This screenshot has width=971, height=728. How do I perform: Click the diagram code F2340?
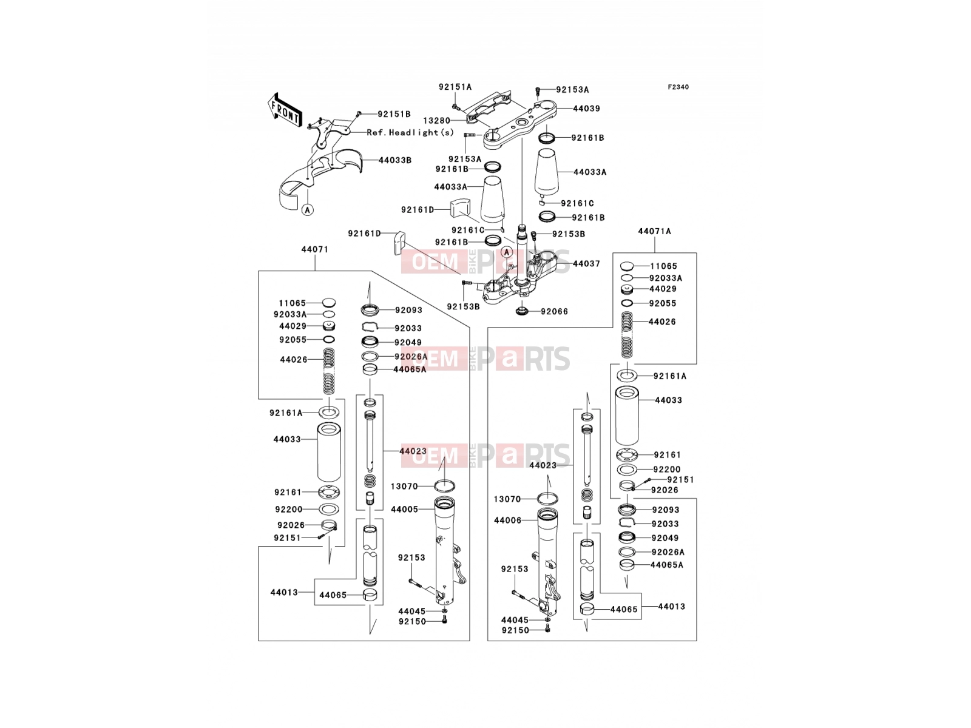tap(678, 87)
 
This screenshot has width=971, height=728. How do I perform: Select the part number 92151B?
tap(394, 114)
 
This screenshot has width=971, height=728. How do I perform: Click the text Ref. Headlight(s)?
tap(410, 132)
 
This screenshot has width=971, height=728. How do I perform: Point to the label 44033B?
tap(394, 160)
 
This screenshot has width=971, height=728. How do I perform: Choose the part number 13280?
tap(436, 121)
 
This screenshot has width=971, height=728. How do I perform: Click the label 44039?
tap(586, 109)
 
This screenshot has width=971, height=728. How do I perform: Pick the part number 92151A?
tap(455, 87)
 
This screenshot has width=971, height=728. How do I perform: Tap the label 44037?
tap(586, 263)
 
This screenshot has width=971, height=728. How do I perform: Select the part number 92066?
tap(554, 311)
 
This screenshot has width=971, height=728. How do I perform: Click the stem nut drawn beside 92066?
tap(521, 310)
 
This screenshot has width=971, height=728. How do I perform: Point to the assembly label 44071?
tap(314, 249)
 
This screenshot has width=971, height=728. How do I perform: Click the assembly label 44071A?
tap(654, 231)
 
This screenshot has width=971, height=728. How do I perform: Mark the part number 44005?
tap(404, 509)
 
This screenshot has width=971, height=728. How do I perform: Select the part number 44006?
tap(507, 521)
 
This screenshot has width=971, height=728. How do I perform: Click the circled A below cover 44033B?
tap(307, 209)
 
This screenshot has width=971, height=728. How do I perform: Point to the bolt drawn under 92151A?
tap(455, 107)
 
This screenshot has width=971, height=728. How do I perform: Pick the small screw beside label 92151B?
tap(359, 114)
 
